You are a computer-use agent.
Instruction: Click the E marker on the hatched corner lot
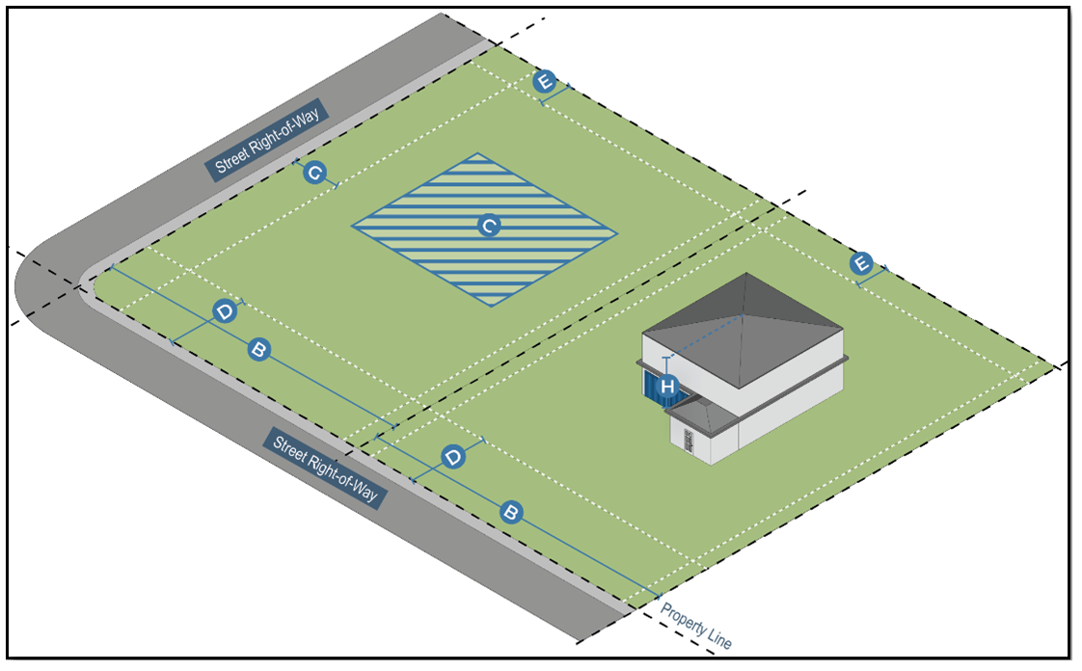point(545,82)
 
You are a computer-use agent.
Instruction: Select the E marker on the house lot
point(861,263)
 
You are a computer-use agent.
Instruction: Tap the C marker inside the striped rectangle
point(489,227)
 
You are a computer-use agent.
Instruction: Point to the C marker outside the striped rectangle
point(313,174)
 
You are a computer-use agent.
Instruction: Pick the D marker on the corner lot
point(224,312)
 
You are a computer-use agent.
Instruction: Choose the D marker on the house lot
point(451,456)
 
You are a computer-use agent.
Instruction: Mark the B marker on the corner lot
point(257,349)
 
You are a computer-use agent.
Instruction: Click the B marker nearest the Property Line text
point(511,512)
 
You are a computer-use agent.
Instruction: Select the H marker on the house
point(667,388)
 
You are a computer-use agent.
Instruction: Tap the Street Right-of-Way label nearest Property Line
point(324,469)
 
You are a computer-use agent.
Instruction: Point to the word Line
point(719,638)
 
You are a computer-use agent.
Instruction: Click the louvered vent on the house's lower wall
point(689,441)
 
